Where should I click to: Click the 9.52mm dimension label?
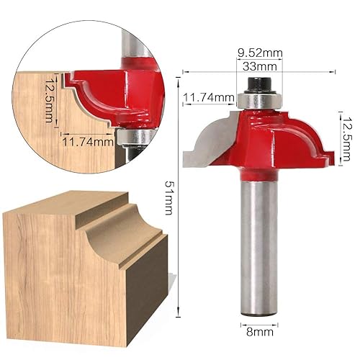pyautogui.click(x=259, y=52)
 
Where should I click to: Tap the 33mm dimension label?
pyautogui.click(x=259, y=66)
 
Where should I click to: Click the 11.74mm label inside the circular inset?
pyautogui.click(x=87, y=141)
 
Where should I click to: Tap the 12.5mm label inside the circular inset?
pyautogui.click(x=49, y=100)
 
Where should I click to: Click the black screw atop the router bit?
pyautogui.click(x=258, y=85)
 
